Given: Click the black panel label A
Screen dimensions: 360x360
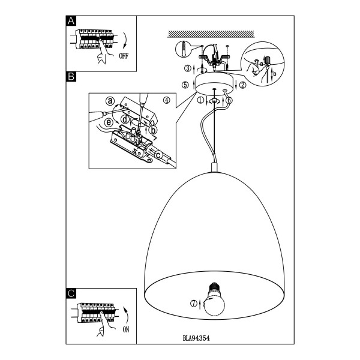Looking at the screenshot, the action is coord(71,21).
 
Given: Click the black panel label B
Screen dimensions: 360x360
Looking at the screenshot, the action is coord(71,76).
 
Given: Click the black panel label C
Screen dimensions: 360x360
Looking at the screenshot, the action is coord(71,293).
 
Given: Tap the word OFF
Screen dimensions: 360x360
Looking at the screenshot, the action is coord(124,56).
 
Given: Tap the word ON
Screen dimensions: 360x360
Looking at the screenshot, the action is coord(126,329).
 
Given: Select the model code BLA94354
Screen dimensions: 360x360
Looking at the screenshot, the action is coord(196,338).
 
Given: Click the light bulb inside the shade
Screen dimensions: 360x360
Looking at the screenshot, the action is coord(214,299).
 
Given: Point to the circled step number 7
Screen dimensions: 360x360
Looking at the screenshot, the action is coord(194,304).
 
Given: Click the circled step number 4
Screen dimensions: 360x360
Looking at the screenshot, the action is coord(167,100).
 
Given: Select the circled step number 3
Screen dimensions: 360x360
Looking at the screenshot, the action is coord(188,68).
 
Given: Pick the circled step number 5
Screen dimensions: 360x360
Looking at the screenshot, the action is coord(185,85).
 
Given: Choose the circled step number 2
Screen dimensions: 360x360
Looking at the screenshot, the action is coord(242,85).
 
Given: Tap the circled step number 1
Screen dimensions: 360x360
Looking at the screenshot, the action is coord(200,100).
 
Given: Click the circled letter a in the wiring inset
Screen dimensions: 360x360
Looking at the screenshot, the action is coord(110,101).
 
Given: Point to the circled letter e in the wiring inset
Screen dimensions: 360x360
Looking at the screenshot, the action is coord(109,122).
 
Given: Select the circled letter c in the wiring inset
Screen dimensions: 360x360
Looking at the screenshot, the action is coord(158,155).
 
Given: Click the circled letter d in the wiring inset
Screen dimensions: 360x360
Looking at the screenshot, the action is coord(125,119).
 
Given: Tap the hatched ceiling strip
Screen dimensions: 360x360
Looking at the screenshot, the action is coord(211,34).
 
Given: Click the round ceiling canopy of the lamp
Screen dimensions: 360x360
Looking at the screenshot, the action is coord(214,83).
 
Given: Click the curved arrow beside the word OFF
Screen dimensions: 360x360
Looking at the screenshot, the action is coord(125,40).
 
